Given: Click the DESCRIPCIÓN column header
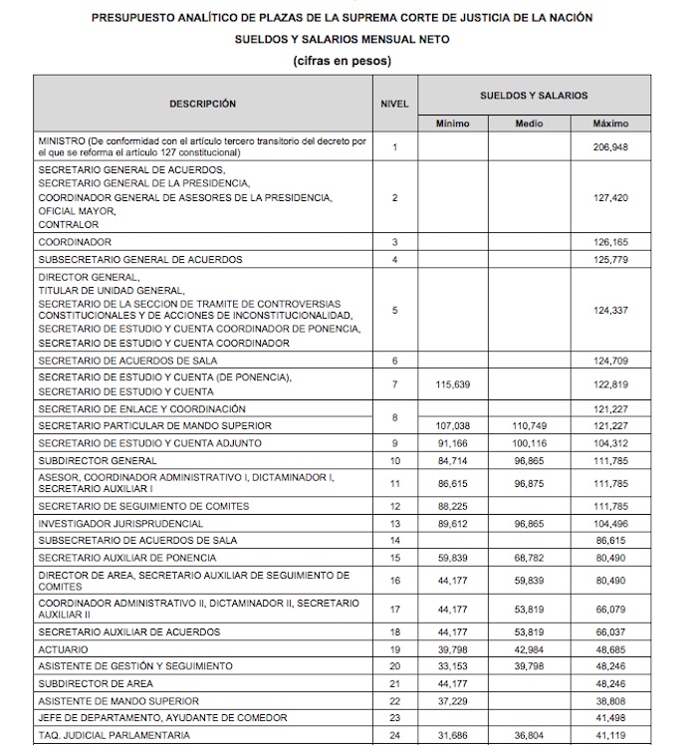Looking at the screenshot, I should tap(202, 104).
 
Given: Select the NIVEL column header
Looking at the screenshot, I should tap(394, 104).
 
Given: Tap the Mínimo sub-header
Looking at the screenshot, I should tap(453, 124).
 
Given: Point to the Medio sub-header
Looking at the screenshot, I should tap(529, 124).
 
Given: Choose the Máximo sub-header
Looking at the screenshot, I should tap(610, 124).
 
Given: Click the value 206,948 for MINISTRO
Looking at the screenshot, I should tap(610, 147).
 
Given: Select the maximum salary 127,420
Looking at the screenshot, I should tap(610, 197).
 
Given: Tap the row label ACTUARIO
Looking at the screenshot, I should tap(63, 648).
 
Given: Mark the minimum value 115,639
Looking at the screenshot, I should tap(453, 384).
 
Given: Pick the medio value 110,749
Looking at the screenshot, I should tap(529, 425).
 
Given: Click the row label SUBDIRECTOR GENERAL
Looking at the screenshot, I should tap(98, 460).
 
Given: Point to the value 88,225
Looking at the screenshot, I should tap(453, 506).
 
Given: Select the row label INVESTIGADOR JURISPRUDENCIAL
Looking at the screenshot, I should tap(120, 523).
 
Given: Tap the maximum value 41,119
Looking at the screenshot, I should tap(610, 735).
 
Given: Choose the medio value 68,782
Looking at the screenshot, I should tap(529, 557).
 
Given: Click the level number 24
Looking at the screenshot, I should tap(394, 735).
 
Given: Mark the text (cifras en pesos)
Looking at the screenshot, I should tap(342, 61).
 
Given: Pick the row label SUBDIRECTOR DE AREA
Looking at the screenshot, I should tap(96, 683).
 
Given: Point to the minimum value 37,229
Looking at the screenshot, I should tap(453, 700).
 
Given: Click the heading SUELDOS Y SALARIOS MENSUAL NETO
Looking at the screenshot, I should tap(342, 39).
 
